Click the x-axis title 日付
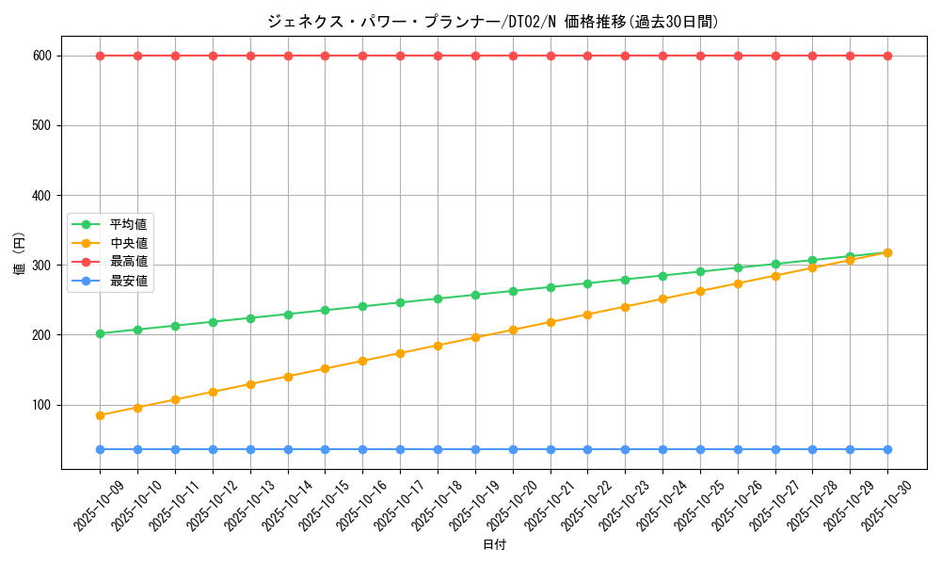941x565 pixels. click(494, 545)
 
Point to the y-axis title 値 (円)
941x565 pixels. click(20, 253)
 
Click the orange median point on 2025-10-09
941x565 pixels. click(100, 415)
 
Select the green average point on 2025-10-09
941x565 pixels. click(100, 333)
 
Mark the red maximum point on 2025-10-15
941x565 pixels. click(325, 56)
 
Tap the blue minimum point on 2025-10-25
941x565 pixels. click(700, 449)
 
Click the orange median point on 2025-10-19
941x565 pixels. click(475, 337)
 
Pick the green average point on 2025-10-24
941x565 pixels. click(662, 276)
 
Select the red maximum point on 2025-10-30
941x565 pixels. click(887, 56)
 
